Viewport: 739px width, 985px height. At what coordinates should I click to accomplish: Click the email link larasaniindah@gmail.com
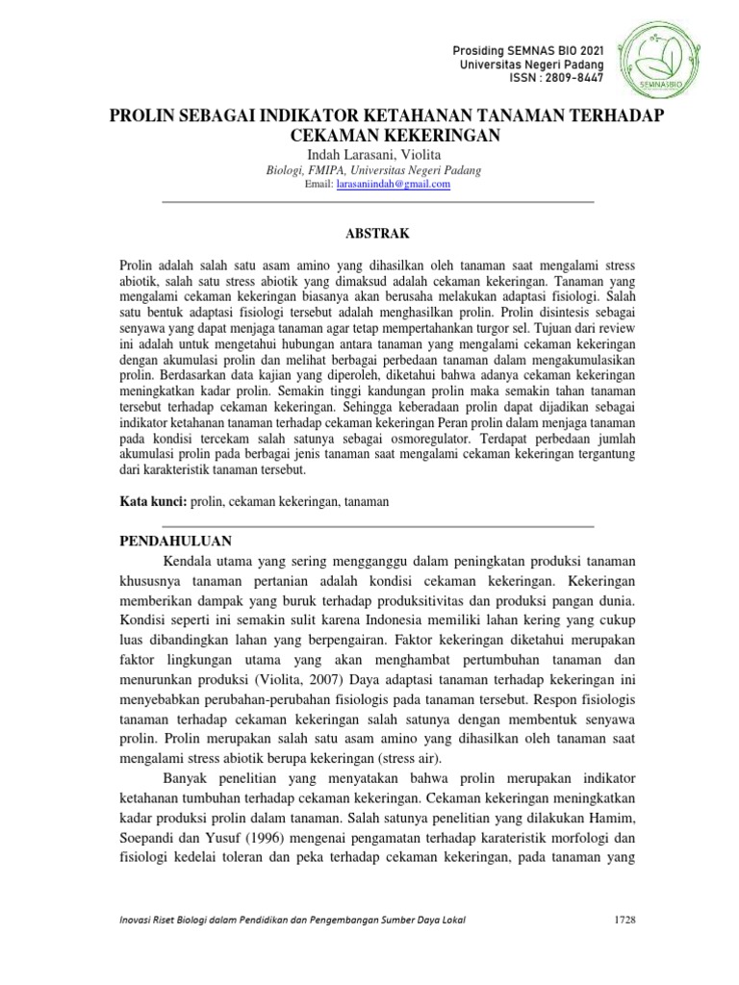point(394,185)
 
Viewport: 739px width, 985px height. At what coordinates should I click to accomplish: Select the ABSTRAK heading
point(377,234)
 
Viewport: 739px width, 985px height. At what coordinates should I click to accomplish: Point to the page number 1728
point(624,920)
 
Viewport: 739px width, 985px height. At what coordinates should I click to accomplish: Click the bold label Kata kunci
point(153,502)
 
